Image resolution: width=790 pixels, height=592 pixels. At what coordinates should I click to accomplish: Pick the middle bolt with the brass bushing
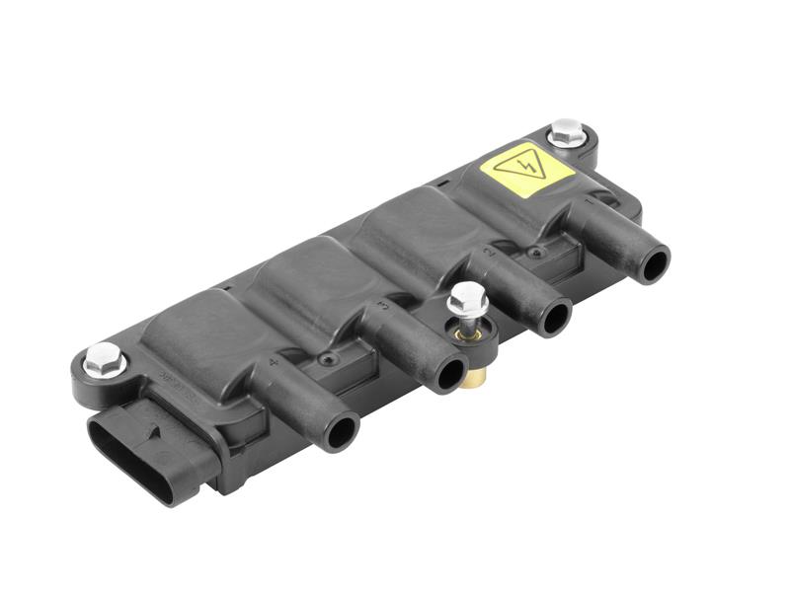466,298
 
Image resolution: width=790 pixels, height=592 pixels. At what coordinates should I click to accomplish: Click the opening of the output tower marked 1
654,263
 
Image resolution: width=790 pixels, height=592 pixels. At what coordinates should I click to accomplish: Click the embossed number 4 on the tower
272,364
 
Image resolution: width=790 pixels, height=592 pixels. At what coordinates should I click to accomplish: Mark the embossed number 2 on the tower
490,254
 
